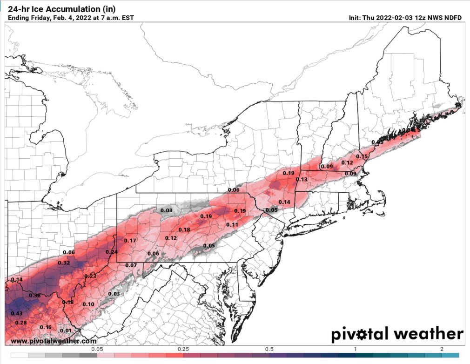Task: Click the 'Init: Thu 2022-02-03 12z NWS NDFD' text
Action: pyautogui.click(x=405, y=18)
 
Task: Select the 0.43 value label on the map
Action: pyautogui.click(x=17, y=313)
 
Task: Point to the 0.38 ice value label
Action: pyautogui.click(x=34, y=296)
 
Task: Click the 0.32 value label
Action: pyautogui.click(x=64, y=263)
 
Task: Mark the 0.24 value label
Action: pyautogui.click(x=112, y=252)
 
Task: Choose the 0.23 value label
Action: pyautogui.click(x=90, y=276)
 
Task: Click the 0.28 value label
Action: pyautogui.click(x=21, y=323)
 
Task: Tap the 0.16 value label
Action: pyautogui.click(x=46, y=327)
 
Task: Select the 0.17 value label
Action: pyautogui.click(x=130, y=241)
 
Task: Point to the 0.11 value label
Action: pyautogui.click(x=232, y=225)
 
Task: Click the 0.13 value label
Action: pyautogui.click(x=302, y=180)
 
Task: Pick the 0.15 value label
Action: pyautogui.click(x=362, y=156)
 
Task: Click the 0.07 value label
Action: pyautogui.click(x=131, y=265)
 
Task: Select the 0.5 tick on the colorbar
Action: pyautogui.click(x=269, y=349)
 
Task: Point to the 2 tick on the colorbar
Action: pyautogui.click(x=441, y=349)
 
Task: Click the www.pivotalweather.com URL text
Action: pyautogui.click(x=54, y=341)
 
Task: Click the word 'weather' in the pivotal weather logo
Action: pyautogui.click(x=428, y=334)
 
